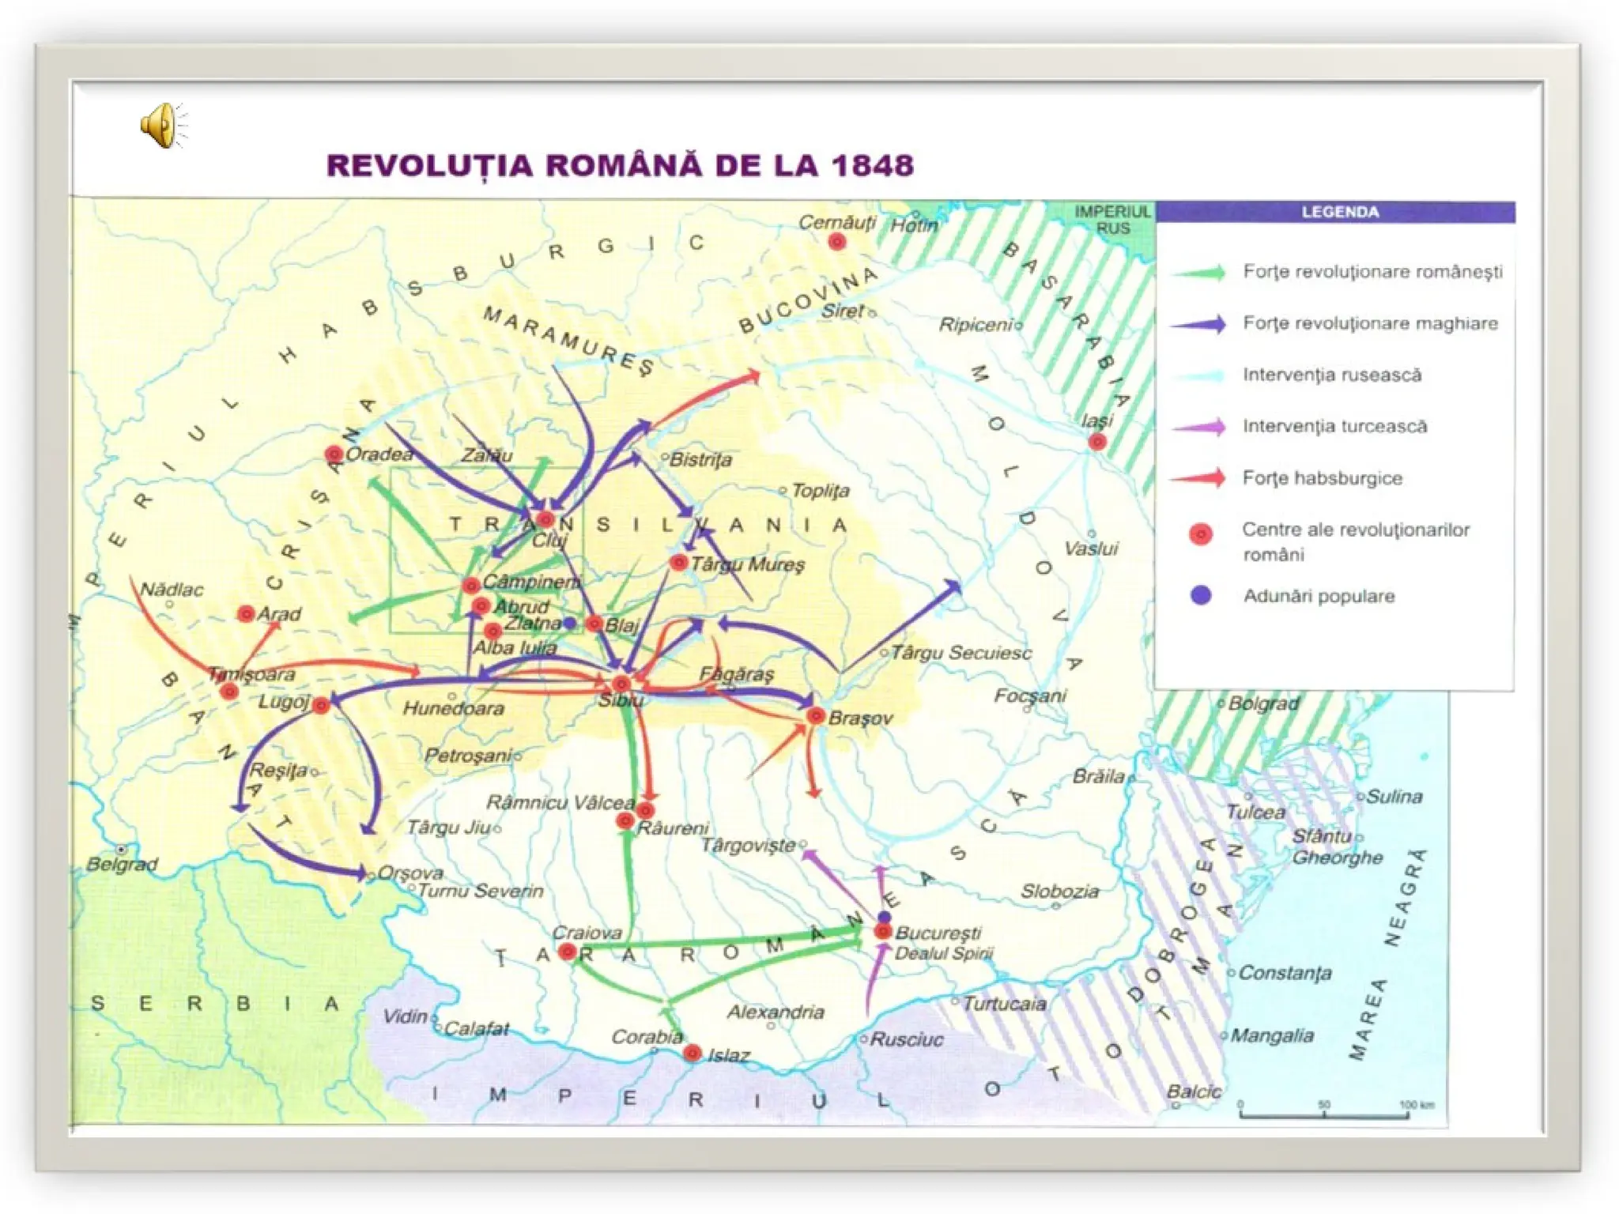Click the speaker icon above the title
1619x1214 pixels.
(x=163, y=125)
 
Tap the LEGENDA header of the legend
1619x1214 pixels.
(x=1339, y=212)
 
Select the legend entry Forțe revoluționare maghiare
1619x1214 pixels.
(x=1369, y=323)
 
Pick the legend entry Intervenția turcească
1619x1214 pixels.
(x=1334, y=427)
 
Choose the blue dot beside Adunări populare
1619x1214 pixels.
(x=1200, y=595)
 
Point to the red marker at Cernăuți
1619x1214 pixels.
(x=836, y=242)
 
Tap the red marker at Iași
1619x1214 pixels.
(x=1096, y=442)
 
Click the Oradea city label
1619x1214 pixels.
(x=379, y=454)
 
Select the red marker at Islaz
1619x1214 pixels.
(x=692, y=1053)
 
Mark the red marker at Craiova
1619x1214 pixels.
(x=566, y=952)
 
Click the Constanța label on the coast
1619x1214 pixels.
(x=1284, y=973)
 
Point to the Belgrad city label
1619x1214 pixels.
(x=122, y=864)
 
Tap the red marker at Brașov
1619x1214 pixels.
(x=815, y=716)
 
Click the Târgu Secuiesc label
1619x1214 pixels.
(x=960, y=653)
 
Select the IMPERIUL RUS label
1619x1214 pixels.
(x=1112, y=220)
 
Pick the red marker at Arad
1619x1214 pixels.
(x=246, y=613)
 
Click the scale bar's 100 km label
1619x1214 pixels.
(x=1416, y=1105)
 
